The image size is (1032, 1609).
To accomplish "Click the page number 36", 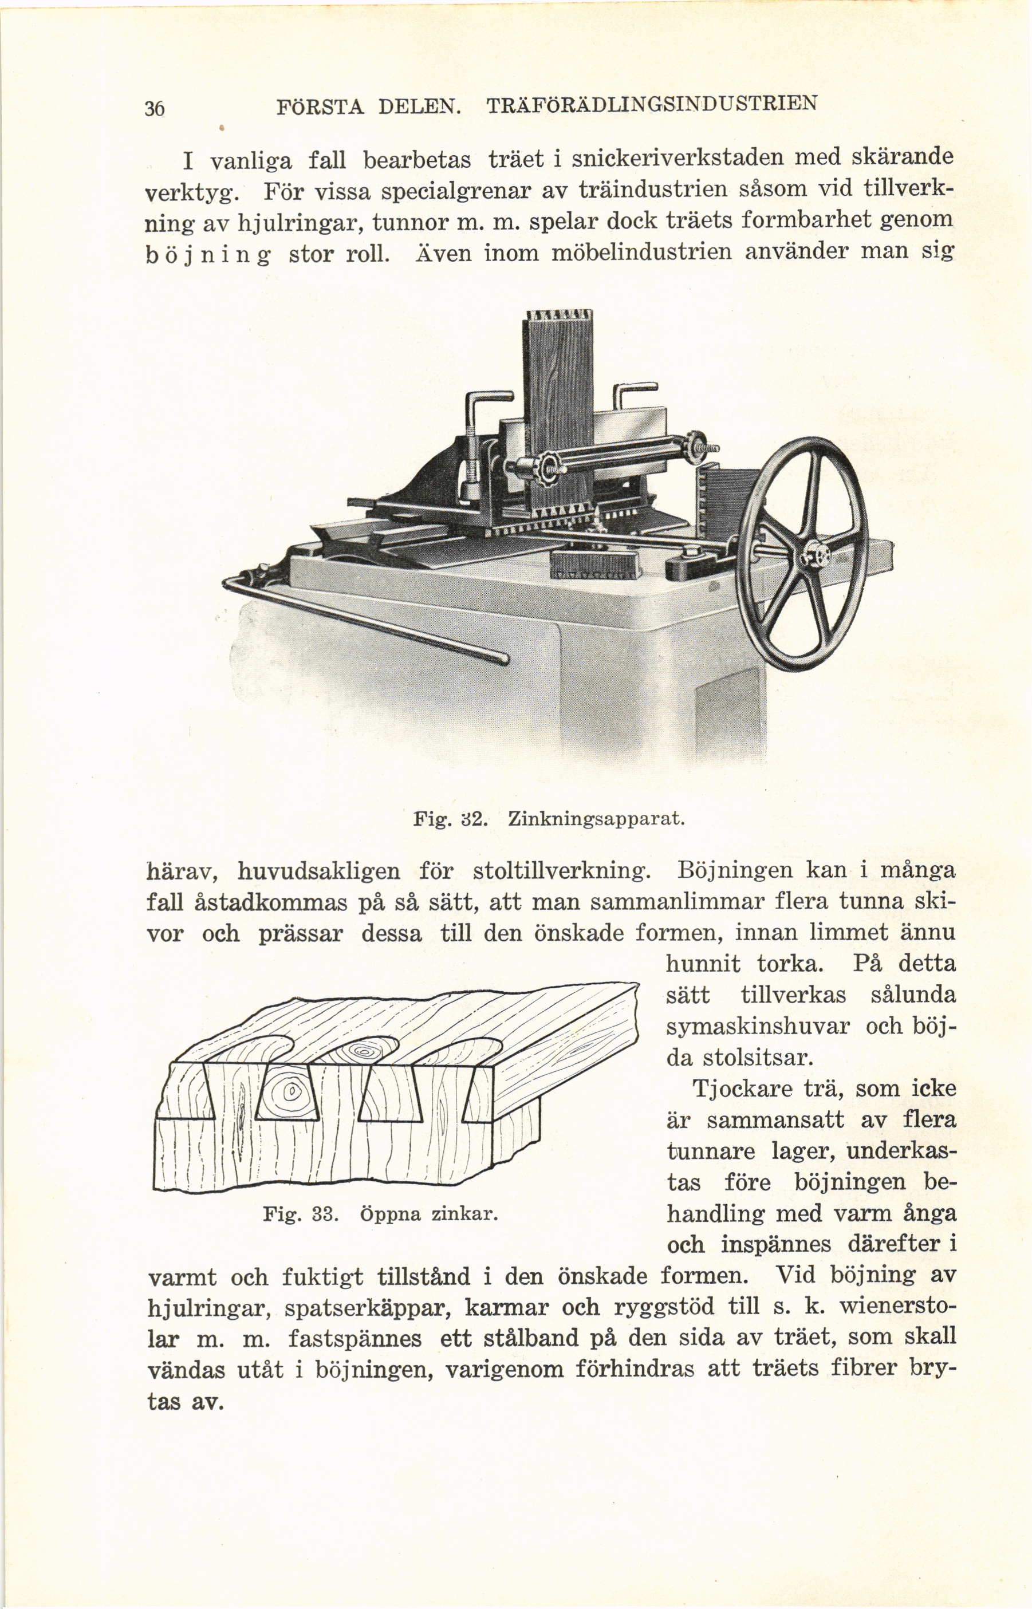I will (155, 107).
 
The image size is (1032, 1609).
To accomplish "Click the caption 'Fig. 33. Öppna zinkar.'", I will (379, 1214).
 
